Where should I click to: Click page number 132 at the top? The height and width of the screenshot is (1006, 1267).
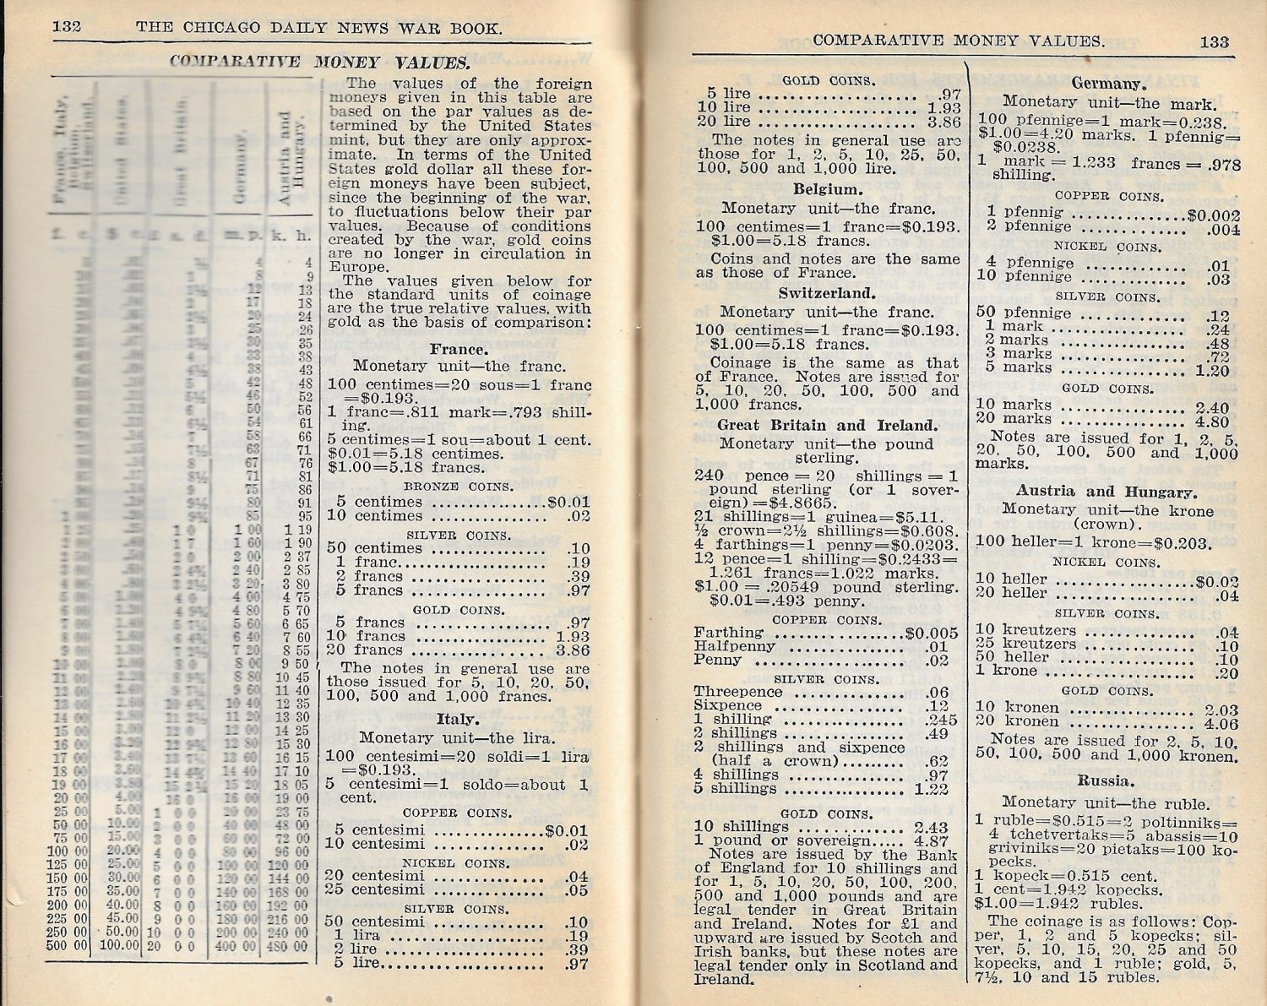pos(67,25)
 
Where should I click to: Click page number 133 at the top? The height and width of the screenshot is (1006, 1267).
pos(1214,41)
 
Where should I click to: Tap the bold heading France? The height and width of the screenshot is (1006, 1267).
pos(459,349)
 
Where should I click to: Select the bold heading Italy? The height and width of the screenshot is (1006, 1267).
pos(457,719)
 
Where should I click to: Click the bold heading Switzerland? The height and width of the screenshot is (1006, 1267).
pos(827,293)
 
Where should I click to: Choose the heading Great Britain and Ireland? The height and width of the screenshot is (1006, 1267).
pos(827,425)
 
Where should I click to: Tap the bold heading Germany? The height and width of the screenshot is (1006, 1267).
pos(1108,84)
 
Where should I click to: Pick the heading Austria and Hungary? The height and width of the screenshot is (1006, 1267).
pos(1106,491)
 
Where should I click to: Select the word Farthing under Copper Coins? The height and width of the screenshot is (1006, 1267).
pos(728,632)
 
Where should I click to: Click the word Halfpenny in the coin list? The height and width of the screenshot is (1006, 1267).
pos(734,645)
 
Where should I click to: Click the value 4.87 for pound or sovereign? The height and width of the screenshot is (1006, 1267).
pos(931,840)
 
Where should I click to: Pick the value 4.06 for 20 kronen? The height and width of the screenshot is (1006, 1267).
pos(1221,723)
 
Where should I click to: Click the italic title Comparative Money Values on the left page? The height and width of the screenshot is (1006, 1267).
pos(320,61)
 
